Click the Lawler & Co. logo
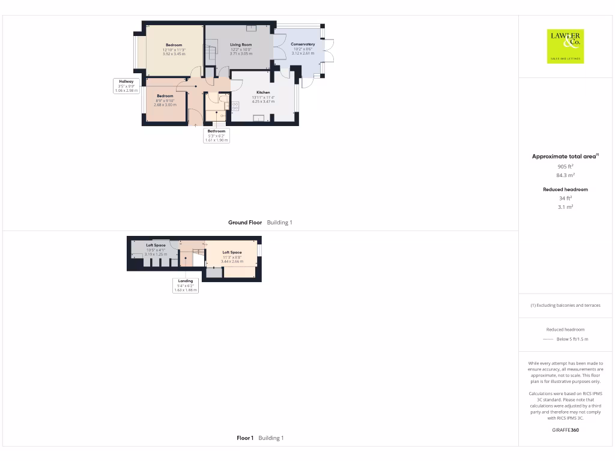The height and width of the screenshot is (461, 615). (x=565, y=46)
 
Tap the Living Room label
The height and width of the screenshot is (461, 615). (x=241, y=44)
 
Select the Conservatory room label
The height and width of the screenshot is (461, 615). (x=303, y=44)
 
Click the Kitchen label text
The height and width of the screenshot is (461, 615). (x=263, y=92)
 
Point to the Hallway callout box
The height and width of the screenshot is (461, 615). (x=126, y=86)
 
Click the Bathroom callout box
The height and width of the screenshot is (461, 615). (x=216, y=136)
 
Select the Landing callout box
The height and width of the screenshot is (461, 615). (x=186, y=285)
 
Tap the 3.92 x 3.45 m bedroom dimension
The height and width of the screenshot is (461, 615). (x=174, y=54)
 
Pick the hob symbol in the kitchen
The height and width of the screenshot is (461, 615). (x=235, y=106)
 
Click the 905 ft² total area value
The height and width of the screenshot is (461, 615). (x=565, y=166)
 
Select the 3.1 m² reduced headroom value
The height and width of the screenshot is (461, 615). (x=565, y=206)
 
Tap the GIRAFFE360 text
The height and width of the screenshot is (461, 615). (x=565, y=430)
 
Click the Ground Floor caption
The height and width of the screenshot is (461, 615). (x=245, y=223)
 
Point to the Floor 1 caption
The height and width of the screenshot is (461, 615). (x=245, y=438)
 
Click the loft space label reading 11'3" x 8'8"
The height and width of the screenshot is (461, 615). (x=232, y=257)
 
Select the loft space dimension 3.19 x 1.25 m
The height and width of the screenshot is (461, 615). (x=156, y=254)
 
